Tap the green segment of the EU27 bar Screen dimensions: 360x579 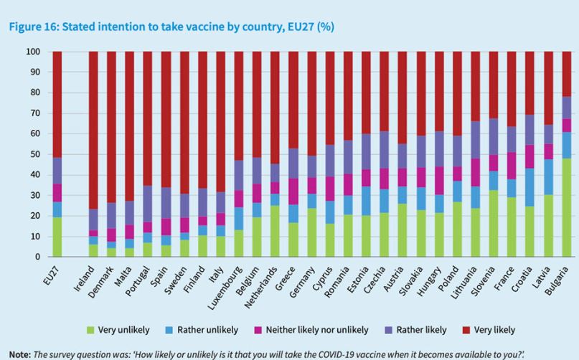[x=57, y=237]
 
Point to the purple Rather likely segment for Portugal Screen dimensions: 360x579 [x=148, y=204]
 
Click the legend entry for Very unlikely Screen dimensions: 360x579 [x=121, y=330]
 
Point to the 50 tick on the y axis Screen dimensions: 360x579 [x=33, y=154]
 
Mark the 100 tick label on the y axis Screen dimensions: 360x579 [x=31, y=52]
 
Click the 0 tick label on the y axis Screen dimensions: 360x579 [x=36, y=257]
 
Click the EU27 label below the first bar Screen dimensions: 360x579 [x=51, y=275]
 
